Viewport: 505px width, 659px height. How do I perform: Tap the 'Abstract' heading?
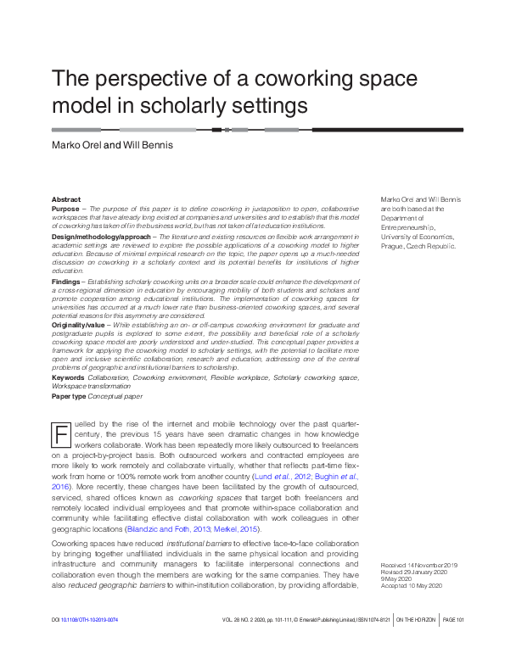coord(66,199)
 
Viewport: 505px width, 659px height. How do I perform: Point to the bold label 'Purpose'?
coord(65,208)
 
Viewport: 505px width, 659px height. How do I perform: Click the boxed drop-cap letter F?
coord(60,434)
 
